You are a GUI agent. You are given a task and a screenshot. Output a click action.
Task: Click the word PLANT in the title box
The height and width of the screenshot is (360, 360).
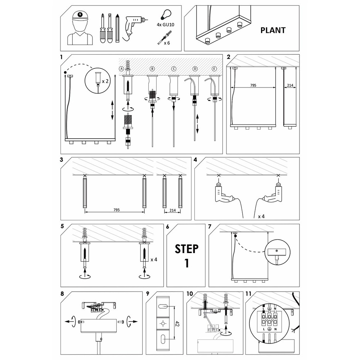point(273,30)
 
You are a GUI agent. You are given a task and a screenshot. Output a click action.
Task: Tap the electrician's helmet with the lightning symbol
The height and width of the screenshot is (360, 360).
point(80,16)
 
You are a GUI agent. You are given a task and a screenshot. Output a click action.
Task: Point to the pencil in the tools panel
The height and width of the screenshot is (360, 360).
point(118,28)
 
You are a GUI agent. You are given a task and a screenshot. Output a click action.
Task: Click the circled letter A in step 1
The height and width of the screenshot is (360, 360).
point(121,69)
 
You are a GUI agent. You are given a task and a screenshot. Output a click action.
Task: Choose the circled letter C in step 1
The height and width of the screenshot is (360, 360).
point(174,69)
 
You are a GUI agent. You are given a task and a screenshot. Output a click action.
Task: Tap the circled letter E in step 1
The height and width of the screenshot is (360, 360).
point(214,69)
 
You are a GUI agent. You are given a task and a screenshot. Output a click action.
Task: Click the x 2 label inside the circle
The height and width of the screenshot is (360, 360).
point(105,81)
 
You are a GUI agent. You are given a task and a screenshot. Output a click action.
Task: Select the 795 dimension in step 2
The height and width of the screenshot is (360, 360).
point(253,85)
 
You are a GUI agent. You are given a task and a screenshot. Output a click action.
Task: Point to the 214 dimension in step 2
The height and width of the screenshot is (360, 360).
point(290,85)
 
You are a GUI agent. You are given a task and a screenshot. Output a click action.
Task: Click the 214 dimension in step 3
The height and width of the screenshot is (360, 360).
point(173,210)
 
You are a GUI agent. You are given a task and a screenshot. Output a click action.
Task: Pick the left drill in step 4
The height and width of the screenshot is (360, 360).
point(224,193)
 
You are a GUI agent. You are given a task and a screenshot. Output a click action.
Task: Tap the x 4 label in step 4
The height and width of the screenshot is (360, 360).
point(261,216)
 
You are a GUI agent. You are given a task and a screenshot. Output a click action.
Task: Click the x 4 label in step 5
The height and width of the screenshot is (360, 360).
point(154,260)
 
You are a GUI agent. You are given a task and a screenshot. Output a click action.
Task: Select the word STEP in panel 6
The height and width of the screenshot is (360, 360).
point(186,249)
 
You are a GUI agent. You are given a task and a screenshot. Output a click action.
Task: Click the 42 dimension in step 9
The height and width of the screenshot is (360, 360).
point(177,324)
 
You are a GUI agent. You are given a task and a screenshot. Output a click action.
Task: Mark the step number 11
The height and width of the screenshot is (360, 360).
point(248,294)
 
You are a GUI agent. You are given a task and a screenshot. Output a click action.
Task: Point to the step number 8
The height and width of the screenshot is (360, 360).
point(62,294)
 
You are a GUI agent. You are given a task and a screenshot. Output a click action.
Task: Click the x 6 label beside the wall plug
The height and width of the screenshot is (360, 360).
point(167,43)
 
